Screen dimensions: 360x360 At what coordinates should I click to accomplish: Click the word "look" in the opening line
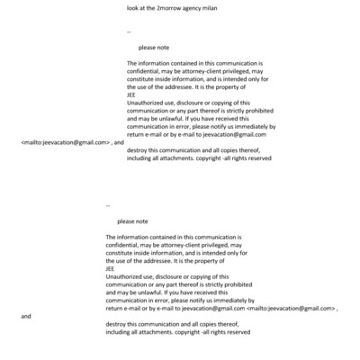click(134, 7)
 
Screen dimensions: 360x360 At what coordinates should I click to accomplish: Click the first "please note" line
click(154, 47)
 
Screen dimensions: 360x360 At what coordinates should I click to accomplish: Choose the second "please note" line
click(132, 221)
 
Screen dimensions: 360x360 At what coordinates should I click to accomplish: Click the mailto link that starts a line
click(64, 142)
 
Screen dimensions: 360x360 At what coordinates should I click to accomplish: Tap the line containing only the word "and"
click(25, 316)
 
